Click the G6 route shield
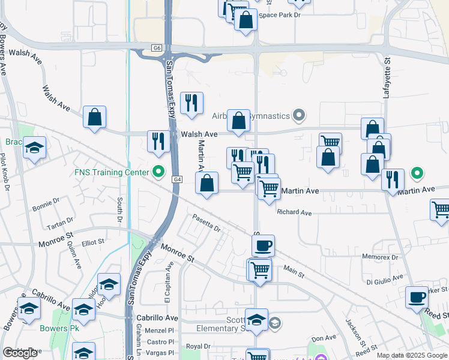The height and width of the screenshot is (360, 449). coord(157,47)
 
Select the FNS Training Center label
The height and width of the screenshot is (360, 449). coord(111,172)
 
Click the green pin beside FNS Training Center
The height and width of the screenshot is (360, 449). coord(159,172)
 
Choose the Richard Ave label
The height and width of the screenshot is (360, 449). coord(294,212)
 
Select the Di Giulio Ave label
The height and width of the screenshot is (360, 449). coord(385,280)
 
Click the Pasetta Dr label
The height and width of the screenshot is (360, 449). coord(206,223)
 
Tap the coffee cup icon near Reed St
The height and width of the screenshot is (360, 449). coord(417,296)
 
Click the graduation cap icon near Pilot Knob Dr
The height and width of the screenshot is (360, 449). coord(35,148)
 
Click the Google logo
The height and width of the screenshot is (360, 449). coord(20,353)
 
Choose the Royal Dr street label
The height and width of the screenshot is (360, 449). coord(197,346)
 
